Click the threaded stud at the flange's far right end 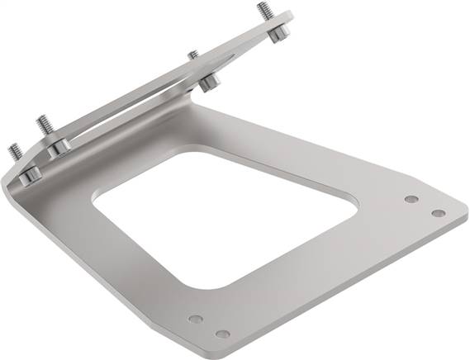pos(264,11)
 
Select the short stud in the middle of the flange pos(192,54)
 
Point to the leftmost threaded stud pos(14,152)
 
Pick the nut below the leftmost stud pos(30,173)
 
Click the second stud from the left pos(41,125)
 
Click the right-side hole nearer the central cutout pos(411,199)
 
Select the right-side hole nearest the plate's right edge pos(438,213)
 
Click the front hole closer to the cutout pos(195,318)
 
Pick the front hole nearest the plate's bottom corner pos(222,334)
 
